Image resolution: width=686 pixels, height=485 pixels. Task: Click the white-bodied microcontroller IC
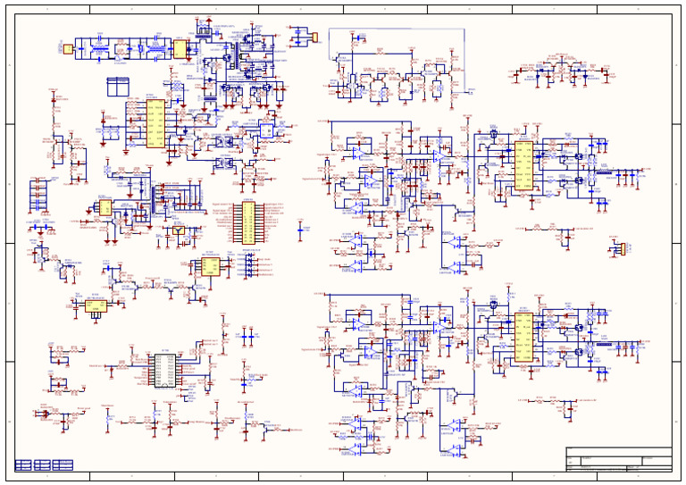(164, 370)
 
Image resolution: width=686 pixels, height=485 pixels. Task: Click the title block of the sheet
(618, 458)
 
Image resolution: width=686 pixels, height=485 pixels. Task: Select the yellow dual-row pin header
(247, 222)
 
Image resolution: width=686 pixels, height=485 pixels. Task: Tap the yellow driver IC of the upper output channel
(523, 166)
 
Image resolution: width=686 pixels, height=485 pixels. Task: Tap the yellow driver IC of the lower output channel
(523, 339)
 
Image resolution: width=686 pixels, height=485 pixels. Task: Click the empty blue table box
(118, 87)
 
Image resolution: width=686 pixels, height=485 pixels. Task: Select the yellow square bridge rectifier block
(180, 48)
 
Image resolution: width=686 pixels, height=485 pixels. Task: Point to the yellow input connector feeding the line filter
(67, 48)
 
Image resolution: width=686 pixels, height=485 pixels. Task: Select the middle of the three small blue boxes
(43, 464)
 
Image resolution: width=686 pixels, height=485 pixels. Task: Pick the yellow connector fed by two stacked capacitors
(314, 37)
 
